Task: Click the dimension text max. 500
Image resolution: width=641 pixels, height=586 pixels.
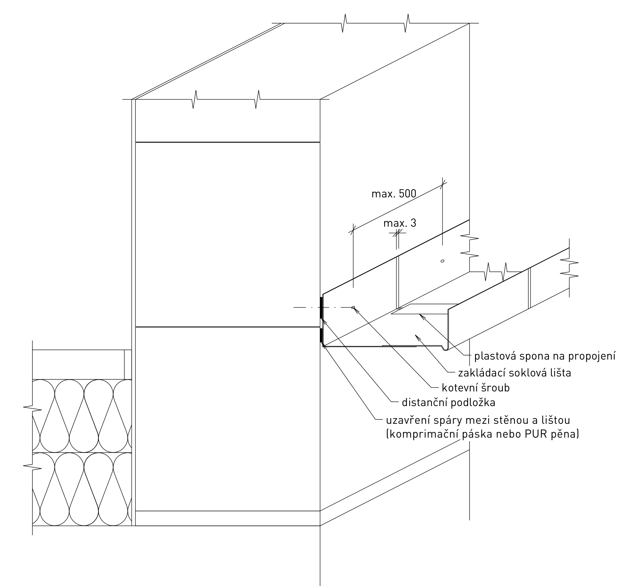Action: [394, 194]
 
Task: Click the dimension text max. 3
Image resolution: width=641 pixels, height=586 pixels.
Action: [400, 223]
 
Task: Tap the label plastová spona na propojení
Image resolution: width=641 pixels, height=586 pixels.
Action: [545, 356]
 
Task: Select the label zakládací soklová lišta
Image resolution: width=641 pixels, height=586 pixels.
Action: [515, 373]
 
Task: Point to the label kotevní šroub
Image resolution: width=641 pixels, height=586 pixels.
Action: [476, 388]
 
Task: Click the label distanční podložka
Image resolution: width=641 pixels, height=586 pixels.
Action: [449, 403]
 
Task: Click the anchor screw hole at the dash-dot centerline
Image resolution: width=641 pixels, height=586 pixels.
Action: [353, 307]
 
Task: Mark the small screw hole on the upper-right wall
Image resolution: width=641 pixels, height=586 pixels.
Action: [442, 261]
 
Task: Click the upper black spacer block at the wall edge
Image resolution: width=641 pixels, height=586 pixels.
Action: [321, 308]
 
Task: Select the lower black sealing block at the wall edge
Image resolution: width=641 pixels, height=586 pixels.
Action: [321, 335]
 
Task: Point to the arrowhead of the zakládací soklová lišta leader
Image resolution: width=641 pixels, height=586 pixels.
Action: [417, 337]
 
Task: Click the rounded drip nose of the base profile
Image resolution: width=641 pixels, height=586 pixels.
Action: [445, 348]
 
